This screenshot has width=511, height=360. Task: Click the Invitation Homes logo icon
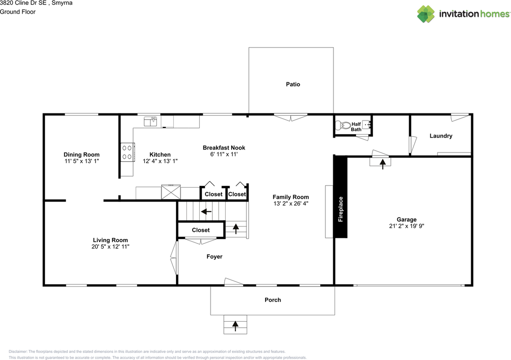pyautogui.click(x=426, y=14)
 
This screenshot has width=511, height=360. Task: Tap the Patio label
pyautogui.click(x=293, y=84)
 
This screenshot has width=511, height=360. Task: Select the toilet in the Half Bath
pyautogui.click(x=343, y=125)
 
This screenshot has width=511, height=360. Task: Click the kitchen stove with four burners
pyautogui.click(x=127, y=152)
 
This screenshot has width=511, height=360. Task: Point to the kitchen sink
pyautogui.click(x=151, y=121)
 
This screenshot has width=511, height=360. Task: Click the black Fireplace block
pyautogui.click(x=341, y=197)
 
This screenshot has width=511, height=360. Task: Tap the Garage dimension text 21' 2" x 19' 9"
pyautogui.click(x=406, y=226)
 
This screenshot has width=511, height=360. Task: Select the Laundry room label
pyautogui.click(x=441, y=136)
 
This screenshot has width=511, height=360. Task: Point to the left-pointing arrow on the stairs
pyautogui.click(x=206, y=212)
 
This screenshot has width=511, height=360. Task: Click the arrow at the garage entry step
pyautogui.click(x=382, y=163)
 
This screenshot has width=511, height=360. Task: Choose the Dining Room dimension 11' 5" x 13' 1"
pyautogui.click(x=81, y=161)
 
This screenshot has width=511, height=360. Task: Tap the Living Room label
pyautogui.click(x=110, y=240)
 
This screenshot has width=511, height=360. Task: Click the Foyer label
pyautogui.click(x=214, y=257)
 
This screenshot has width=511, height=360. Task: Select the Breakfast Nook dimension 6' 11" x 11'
pyautogui.click(x=224, y=154)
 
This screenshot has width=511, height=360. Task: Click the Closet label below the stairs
pyautogui.click(x=200, y=230)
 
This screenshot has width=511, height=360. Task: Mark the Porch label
pyautogui.click(x=273, y=300)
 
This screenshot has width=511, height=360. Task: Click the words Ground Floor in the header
pyautogui.click(x=18, y=12)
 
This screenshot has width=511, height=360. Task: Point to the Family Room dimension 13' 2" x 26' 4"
pyautogui.click(x=290, y=203)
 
